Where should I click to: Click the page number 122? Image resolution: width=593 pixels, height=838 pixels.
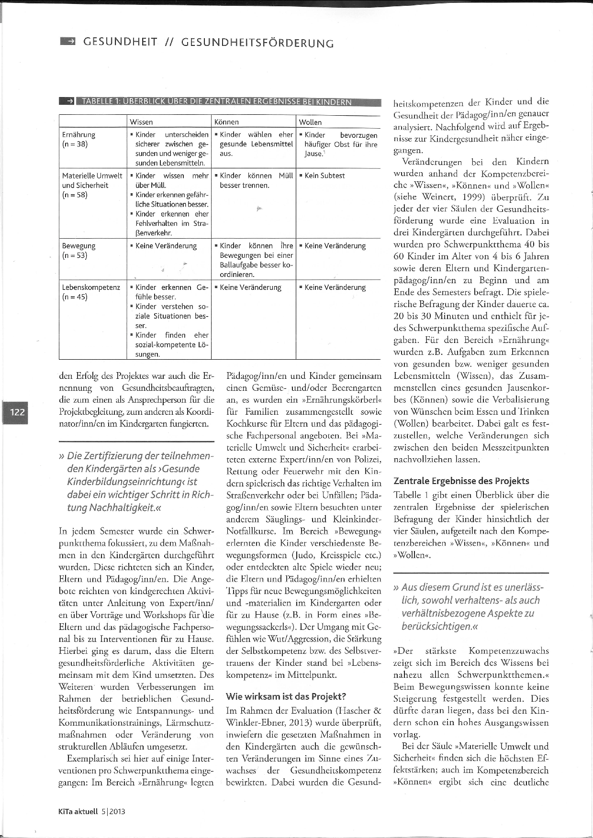pos(17,412)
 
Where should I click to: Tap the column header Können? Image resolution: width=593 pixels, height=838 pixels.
pos(226,122)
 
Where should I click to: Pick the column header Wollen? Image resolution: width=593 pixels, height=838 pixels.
pos(310,122)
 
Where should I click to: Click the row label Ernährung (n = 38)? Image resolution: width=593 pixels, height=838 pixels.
pos(78,139)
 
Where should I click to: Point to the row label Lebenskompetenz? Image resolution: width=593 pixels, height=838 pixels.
pos(91,287)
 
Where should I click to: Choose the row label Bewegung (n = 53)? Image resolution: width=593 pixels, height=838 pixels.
pos(78,250)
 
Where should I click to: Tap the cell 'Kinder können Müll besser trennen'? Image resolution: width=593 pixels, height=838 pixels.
pos(256,180)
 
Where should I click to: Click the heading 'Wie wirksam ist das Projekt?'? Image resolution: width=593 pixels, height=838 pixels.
pos(286,696)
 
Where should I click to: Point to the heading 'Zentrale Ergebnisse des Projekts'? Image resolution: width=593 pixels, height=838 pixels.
pos(461,481)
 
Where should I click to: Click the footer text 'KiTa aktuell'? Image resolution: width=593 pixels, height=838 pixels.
pos(78,811)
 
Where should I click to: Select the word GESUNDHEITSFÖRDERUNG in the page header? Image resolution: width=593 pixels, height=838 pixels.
pos(257,43)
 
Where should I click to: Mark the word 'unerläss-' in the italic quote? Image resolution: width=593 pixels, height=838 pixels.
pos(522,587)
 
